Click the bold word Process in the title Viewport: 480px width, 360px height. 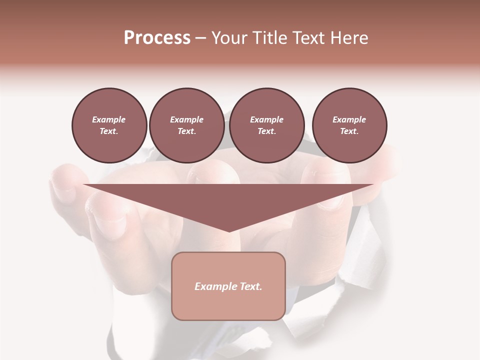157,38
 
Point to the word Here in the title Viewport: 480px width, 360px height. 349,38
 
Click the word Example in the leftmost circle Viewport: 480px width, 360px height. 109,119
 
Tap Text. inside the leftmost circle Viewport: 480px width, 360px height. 109,131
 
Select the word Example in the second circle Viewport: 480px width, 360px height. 186,119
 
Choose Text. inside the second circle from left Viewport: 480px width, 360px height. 186,131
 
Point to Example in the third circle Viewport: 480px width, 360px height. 266,119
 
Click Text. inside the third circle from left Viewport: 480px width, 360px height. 266,131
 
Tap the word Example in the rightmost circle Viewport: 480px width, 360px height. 349,119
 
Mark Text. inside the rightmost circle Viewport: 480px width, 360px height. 349,131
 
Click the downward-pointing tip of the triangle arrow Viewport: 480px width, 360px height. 229,231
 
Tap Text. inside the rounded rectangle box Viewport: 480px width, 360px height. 250,286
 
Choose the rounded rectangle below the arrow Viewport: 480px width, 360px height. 228,305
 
